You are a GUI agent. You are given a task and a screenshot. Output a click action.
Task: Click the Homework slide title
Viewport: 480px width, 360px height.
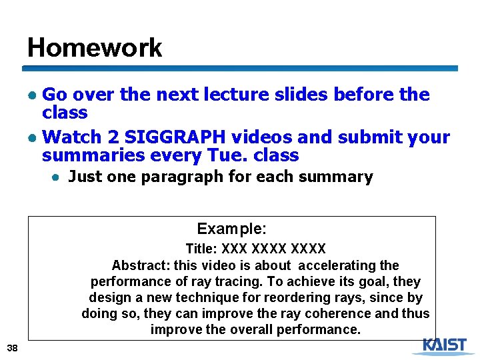[x=95, y=48]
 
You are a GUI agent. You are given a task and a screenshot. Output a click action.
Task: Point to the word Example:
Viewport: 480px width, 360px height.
[x=231, y=229]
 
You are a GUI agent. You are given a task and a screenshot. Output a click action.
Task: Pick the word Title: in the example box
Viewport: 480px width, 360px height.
[x=201, y=249]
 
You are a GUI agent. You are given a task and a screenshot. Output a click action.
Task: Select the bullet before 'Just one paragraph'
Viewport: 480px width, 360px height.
[x=58, y=177]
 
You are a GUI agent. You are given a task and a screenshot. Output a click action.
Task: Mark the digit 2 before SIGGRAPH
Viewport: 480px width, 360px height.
[x=113, y=137]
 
